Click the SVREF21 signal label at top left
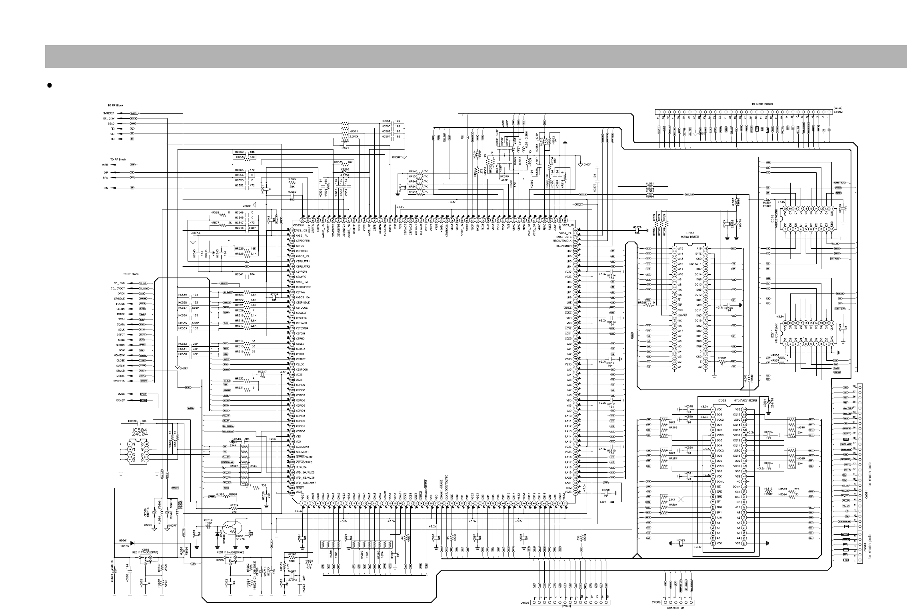(109, 113)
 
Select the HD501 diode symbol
(132, 543)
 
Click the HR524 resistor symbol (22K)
(234, 509)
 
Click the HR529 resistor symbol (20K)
(292, 182)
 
